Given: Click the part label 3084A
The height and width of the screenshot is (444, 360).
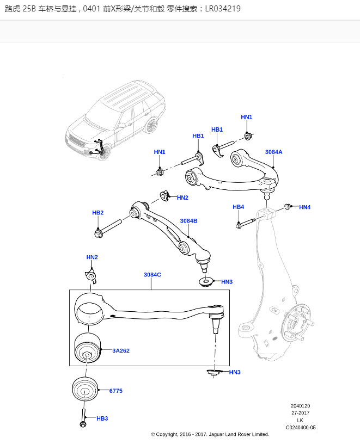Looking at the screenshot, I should (x=273, y=152).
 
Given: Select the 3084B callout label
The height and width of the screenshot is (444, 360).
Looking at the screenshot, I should (x=188, y=221).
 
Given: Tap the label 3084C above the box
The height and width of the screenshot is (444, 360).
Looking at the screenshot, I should (x=152, y=275).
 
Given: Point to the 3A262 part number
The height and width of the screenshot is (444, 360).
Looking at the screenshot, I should (x=121, y=351).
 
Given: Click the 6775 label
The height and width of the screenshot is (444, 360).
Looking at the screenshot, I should (x=116, y=391).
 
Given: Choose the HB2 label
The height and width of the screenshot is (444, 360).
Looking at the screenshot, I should (x=97, y=213).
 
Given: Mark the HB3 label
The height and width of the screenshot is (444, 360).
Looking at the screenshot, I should (x=102, y=418).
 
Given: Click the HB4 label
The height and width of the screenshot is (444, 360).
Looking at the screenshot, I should (x=238, y=207).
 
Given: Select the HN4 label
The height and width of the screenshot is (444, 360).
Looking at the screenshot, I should (x=304, y=207).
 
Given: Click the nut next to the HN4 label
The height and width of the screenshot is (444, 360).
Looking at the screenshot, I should (x=287, y=207).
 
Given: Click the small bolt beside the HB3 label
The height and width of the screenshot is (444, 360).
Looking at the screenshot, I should (x=83, y=419).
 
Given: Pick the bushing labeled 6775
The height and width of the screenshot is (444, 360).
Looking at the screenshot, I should (x=85, y=390).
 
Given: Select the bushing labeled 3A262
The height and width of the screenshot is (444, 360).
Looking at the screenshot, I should (x=87, y=350).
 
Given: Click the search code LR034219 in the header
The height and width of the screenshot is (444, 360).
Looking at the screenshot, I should (x=223, y=9).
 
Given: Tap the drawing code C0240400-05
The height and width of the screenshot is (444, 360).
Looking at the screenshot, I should (x=301, y=427).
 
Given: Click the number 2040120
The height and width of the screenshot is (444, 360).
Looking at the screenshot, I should (x=300, y=406).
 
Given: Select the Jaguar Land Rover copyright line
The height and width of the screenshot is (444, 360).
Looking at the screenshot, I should (x=210, y=434).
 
